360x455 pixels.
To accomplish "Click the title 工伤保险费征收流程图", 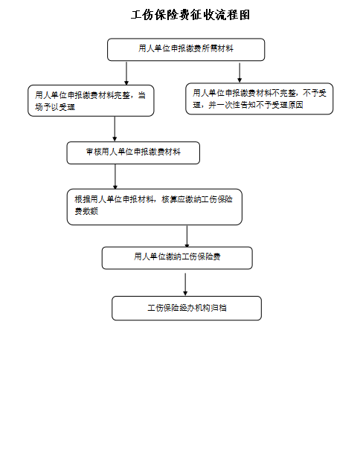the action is tap(190, 15).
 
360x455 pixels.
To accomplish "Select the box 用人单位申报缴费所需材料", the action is tap(186, 50).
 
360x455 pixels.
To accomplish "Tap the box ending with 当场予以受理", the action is tap(91, 100).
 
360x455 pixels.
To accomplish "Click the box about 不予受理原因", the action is tap(260, 99).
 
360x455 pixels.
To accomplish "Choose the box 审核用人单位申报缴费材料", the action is tap(133, 153).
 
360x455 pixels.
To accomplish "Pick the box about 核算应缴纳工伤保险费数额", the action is tap(155, 207).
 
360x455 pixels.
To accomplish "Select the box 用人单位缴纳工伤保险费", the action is tap(177, 258).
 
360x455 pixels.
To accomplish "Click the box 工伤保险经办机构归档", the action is tap(187, 309).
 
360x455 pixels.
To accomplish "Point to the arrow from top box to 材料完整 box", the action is tap(126, 73).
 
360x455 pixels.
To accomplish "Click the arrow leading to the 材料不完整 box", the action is tap(240, 73).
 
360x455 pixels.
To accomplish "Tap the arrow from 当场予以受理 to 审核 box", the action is tap(115, 129).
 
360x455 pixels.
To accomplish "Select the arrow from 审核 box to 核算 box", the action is tap(115, 177).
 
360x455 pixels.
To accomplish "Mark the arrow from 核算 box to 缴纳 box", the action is tap(187, 236).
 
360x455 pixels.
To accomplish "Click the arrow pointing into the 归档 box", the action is tap(185, 284).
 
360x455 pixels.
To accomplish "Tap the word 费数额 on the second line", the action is tap(86, 211).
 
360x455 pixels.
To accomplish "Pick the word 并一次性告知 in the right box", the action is tap(232, 105).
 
